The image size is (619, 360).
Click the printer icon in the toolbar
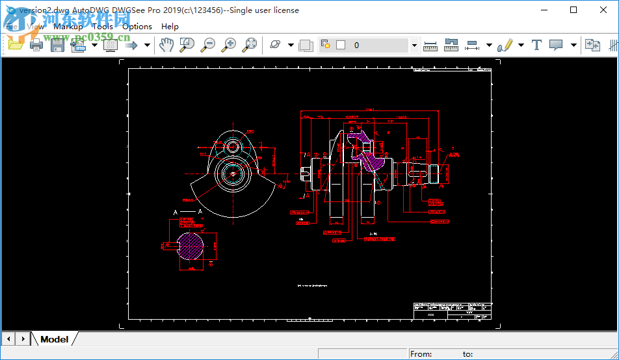tap(36, 45)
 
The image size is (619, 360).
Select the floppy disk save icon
tap(57, 45)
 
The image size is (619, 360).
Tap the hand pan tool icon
tap(166, 45)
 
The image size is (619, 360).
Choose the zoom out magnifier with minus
tap(208, 45)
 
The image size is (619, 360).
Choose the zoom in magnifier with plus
tap(229, 45)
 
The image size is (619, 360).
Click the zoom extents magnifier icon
tap(250, 45)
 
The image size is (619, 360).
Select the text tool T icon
tap(536, 45)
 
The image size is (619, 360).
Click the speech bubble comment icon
tap(556, 45)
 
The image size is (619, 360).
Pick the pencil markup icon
tap(505, 45)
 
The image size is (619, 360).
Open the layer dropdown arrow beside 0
tap(414, 45)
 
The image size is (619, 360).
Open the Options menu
tap(137, 27)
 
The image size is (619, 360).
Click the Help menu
tap(170, 27)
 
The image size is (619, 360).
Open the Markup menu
tap(68, 27)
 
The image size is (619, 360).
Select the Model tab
tap(54, 339)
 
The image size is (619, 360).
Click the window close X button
tap(603, 10)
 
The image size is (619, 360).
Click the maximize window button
tap(573, 10)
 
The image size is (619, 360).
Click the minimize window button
tap(543, 10)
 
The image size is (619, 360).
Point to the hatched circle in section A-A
tap(191, 245)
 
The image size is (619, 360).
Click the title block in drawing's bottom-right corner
tap(451, 311)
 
